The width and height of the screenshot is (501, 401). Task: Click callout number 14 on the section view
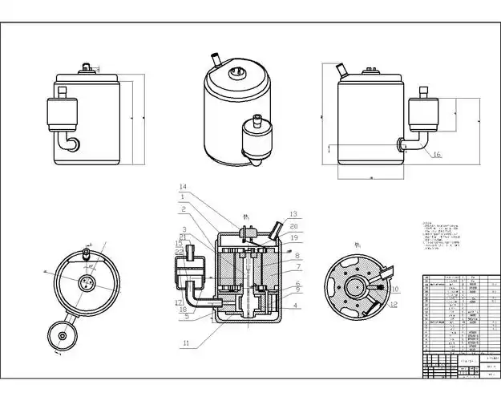tap(184, 187)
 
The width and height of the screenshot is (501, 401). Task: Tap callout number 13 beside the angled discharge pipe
tap(293, 214)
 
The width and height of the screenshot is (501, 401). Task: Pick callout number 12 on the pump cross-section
tap(394, 305)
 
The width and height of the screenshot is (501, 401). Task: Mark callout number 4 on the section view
tap(296, 305)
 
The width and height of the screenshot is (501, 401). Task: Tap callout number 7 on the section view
tap(297, 266)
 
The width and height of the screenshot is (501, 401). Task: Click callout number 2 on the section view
tap(184, 209)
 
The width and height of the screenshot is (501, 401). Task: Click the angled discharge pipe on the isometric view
tap(215, 59)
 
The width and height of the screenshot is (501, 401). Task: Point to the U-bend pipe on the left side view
tap(71, 143)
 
